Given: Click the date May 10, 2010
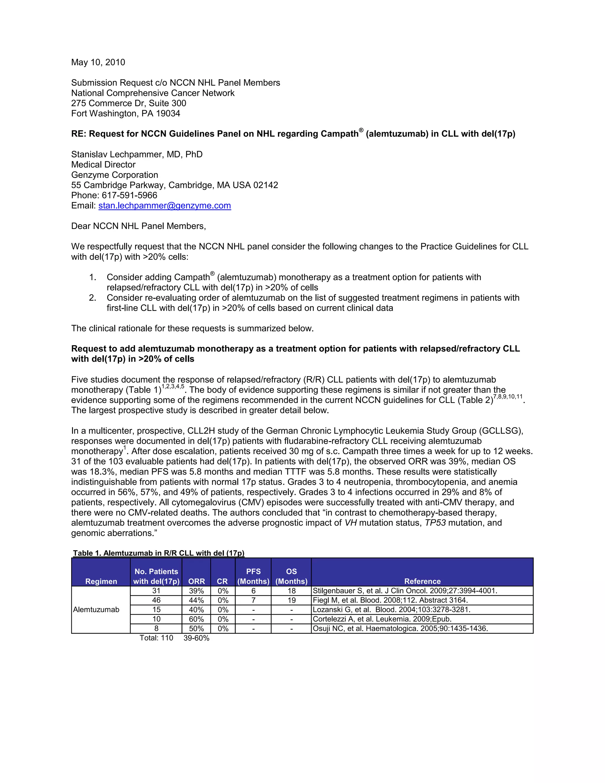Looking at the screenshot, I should pos(98,62).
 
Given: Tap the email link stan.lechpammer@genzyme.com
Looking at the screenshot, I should pos(165,205).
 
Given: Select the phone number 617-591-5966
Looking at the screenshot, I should pos(129,195).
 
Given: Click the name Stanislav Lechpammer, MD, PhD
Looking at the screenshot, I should pos(136,155).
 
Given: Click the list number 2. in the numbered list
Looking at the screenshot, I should pos(92,298).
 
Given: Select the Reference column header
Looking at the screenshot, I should pos(422,581).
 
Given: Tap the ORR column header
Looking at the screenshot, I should pos(196,581).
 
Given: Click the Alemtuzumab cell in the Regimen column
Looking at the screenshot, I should pos(96,610).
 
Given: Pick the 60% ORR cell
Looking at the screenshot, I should pos(196,619).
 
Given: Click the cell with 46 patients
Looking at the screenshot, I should pos(156,600).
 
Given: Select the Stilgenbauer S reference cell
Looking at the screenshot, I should pos(405,591).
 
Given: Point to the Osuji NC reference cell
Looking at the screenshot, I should pos(400,628).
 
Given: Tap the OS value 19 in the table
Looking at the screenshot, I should pos(291,600).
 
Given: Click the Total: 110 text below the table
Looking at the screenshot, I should pos(156,638).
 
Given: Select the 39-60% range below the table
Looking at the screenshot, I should pos(196,638).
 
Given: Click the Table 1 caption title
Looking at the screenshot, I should pos(158,553).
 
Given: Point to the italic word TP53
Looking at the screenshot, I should pos(435,523).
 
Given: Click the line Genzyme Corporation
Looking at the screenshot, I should pos(114,175).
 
